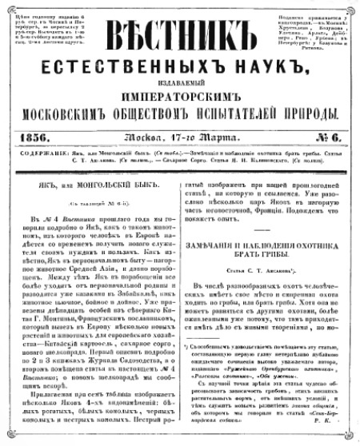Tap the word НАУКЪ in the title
click(x=255, y=63)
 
